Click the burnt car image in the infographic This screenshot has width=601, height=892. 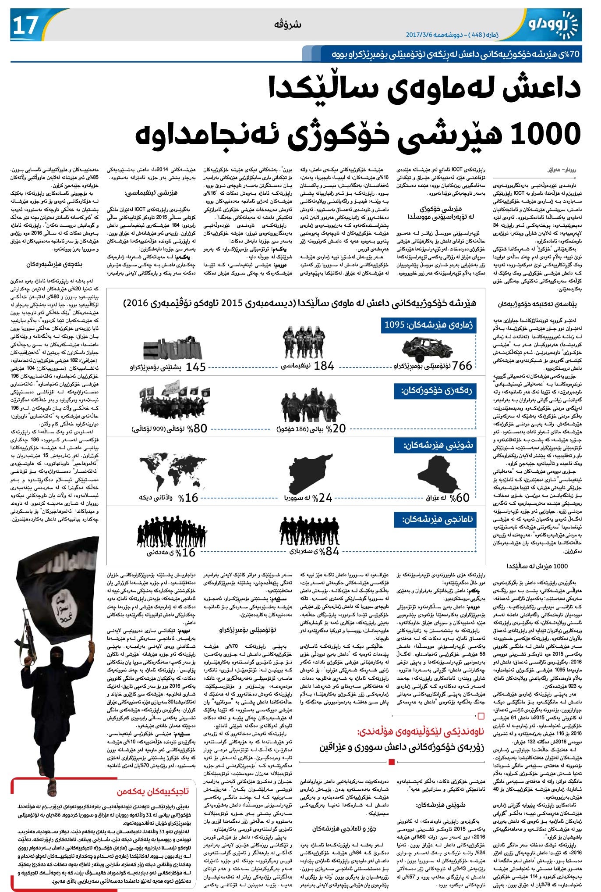(427, 349)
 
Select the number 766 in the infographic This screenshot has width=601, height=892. (462, 365)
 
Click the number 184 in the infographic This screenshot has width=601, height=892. (324, 365)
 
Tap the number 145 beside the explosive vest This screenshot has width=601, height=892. (195, 367)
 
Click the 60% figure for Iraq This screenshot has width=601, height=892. (460, 497)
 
